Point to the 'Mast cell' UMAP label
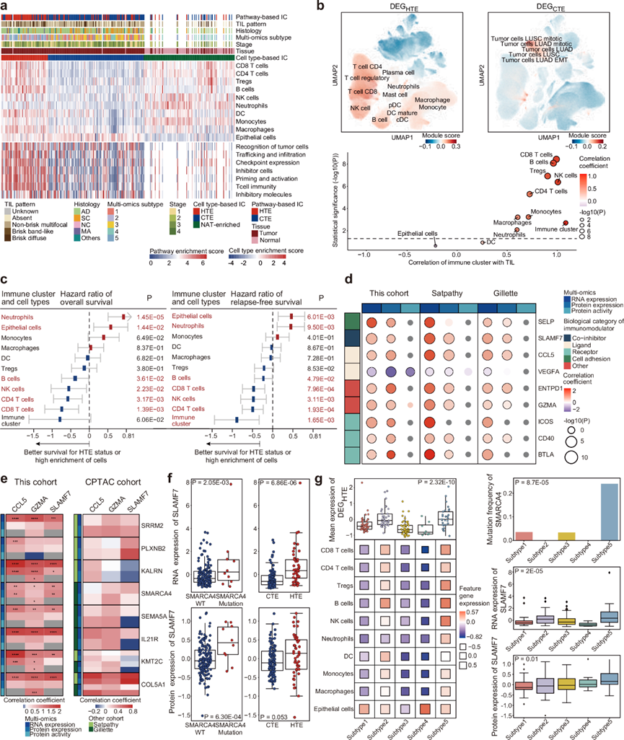pos(396,96)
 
